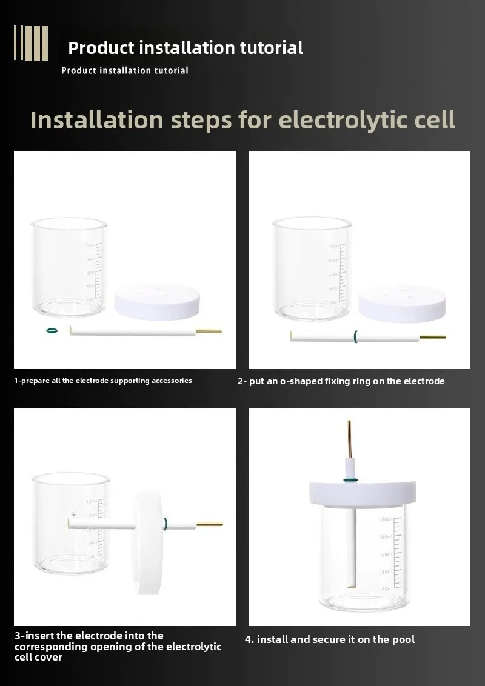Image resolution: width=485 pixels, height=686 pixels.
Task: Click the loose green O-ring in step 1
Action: (x=52, y=330)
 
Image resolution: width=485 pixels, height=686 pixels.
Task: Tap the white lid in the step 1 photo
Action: (x=156, y=301)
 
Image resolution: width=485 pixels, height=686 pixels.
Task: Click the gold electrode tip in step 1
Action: (x=209, y=331)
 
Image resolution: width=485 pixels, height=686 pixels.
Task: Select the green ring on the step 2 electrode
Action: (x=356, y=336)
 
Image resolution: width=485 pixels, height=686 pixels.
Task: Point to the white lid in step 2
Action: (x=402, y=304)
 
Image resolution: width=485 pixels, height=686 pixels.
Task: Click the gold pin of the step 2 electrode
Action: (x=432, y=338)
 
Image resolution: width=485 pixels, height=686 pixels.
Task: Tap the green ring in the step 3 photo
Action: (x=165, y=523)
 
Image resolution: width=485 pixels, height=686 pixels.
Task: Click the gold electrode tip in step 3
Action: (x=209, y=524)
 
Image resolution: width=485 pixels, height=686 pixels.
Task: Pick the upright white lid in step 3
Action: (x=149, y=542)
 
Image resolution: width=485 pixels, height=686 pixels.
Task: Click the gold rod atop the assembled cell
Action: (x=349, y=439)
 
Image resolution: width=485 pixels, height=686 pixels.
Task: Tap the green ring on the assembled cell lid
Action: (x=350, y=481)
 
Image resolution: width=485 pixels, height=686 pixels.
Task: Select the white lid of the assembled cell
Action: (x=363, y=494)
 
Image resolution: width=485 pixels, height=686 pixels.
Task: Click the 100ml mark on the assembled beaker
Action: (x=385, y=519)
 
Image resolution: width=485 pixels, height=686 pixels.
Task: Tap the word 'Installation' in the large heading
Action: (x=97, y=120)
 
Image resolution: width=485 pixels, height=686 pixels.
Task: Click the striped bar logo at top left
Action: (x=31, y=43)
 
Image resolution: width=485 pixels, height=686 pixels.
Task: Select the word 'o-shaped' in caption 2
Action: (x=301, y=381)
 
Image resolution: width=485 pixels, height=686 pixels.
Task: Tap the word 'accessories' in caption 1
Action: (x=172, y=381)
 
